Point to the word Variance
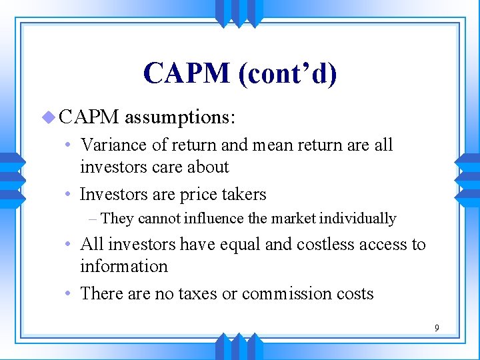110,145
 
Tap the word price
192,195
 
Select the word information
124,266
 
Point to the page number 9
437,328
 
